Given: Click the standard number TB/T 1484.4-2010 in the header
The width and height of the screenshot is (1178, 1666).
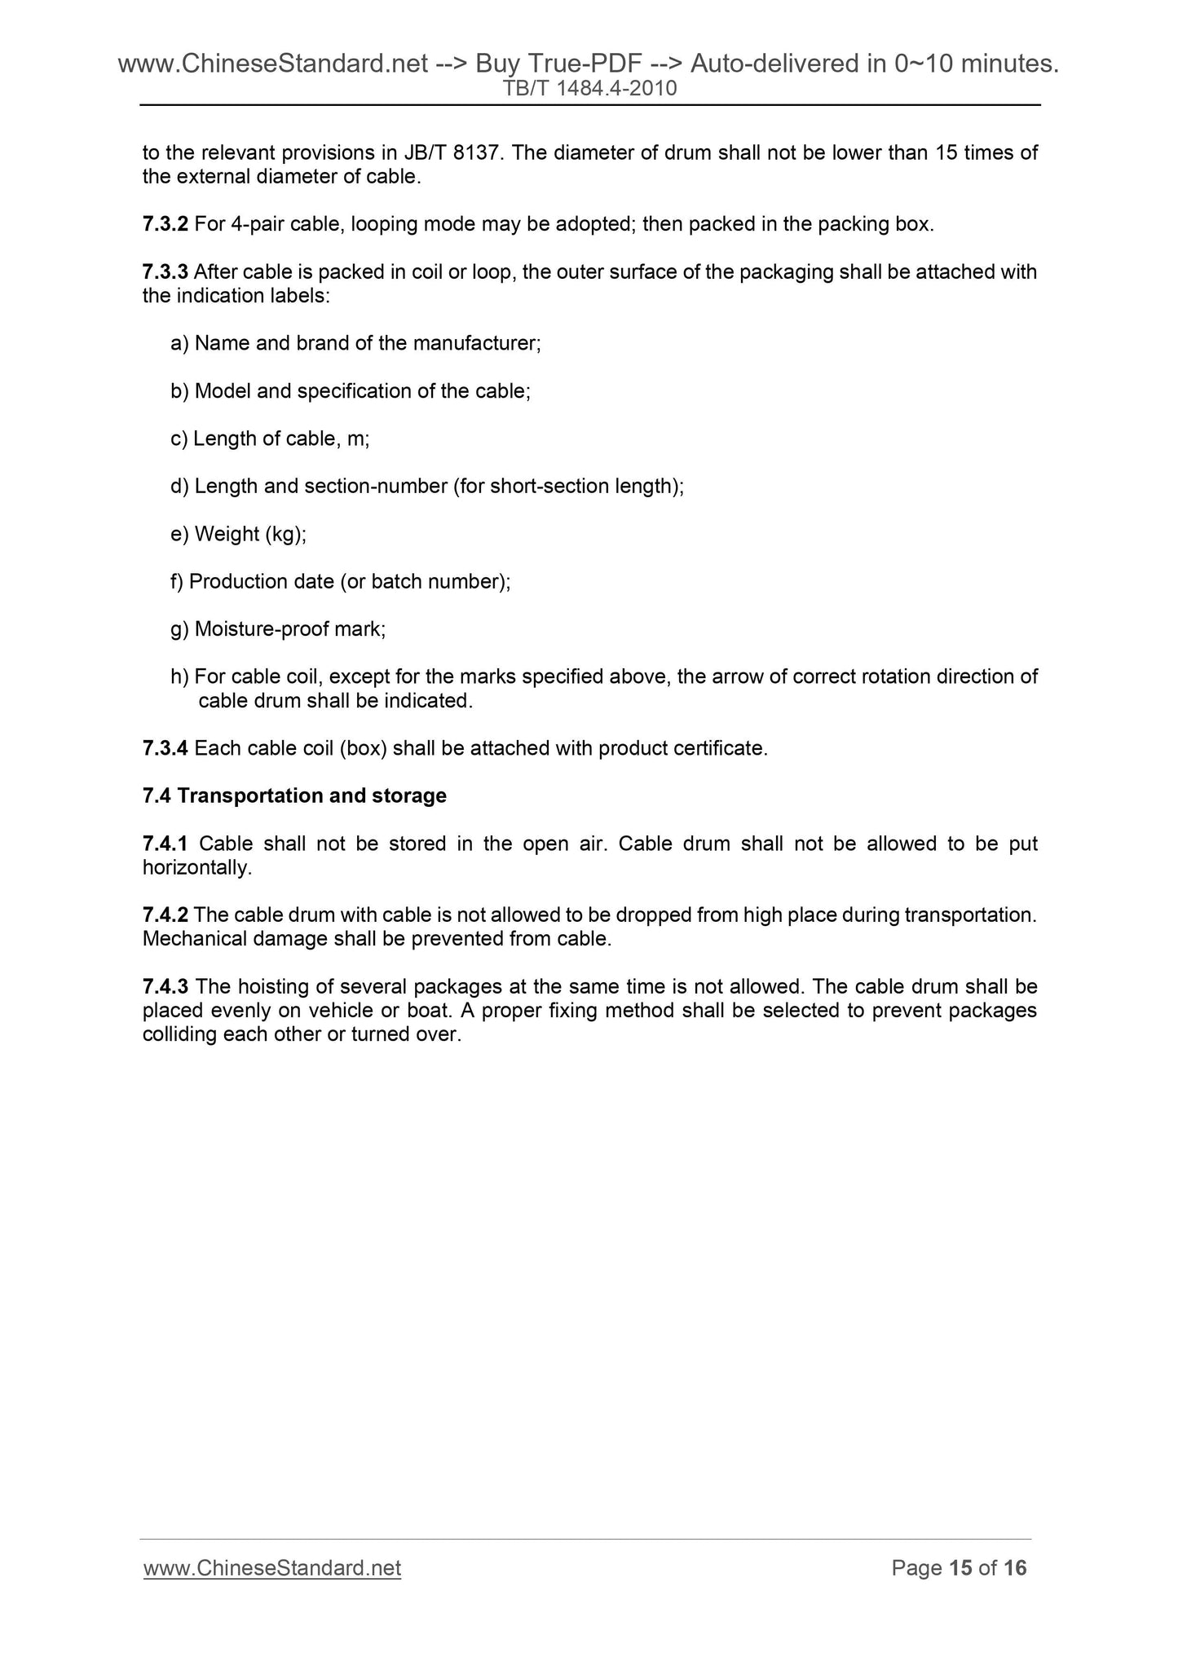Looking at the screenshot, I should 590,88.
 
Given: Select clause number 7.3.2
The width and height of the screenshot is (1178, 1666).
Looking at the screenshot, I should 165,224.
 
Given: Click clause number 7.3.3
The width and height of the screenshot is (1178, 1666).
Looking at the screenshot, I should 165,271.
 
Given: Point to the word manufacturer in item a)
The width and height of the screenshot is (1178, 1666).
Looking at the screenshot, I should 476,343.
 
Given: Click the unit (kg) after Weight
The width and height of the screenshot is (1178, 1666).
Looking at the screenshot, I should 285,534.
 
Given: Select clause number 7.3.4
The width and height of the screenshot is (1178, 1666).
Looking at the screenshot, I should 165,748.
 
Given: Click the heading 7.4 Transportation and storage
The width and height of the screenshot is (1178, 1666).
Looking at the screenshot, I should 294,796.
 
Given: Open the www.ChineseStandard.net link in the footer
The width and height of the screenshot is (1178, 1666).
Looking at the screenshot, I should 272,1568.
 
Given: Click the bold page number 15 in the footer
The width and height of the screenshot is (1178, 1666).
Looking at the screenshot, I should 961,1568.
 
